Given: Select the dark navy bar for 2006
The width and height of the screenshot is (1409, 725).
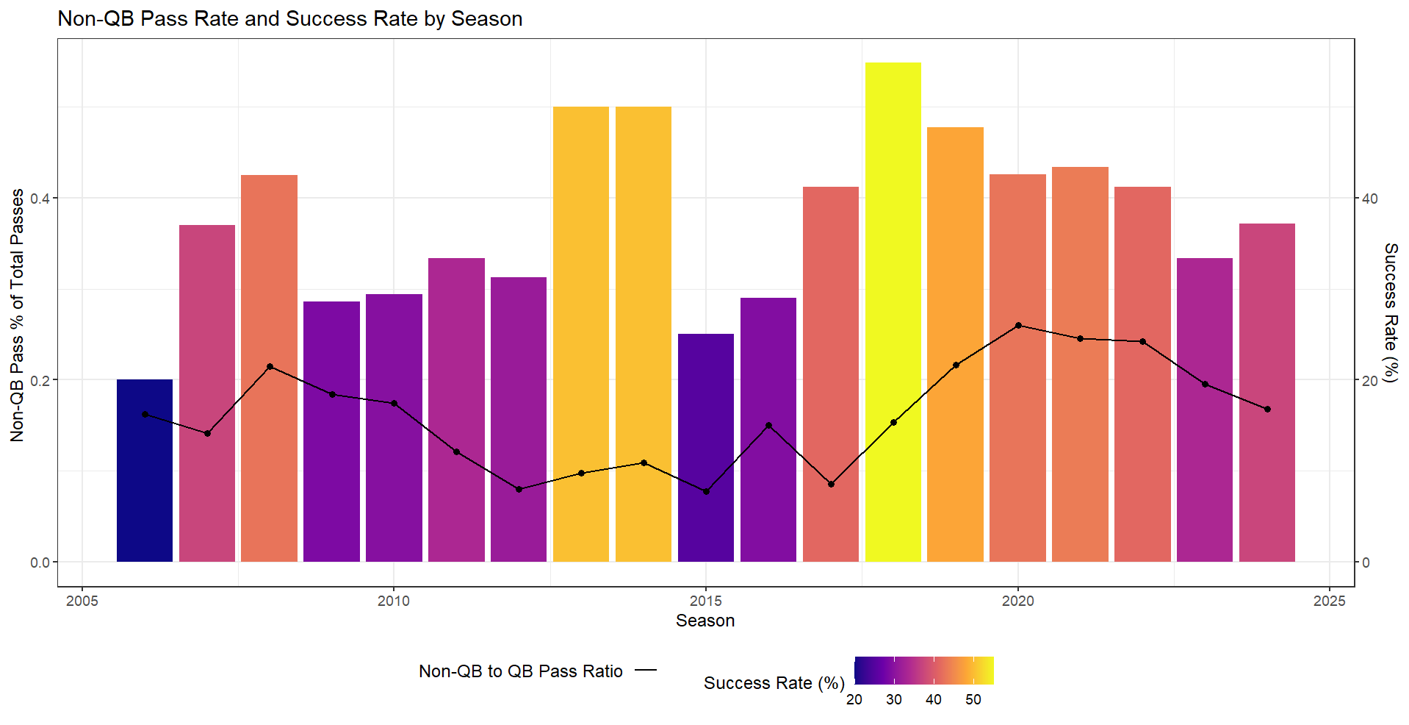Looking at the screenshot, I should tap(145, 471).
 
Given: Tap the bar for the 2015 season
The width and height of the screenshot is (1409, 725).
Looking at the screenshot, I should tap(706, 448).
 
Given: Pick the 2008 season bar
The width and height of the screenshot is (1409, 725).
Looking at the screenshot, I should tap(270, 368).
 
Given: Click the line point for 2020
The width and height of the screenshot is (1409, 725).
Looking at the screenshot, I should tap(1018, 325).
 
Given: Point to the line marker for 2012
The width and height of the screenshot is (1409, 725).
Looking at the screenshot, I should tap(519, 489).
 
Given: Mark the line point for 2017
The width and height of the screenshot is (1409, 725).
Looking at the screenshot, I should tap(831, 484).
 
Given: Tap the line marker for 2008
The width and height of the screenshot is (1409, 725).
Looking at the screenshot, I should tap(270, 366).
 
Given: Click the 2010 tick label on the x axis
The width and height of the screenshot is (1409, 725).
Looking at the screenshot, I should tap(394, 601).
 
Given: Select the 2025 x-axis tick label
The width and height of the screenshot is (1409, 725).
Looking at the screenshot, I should tap(1329, 601).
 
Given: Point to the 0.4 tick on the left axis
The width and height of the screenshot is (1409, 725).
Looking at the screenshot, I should tap(40, 199).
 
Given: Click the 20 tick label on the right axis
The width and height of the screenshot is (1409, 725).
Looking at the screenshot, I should tap(1370, 381).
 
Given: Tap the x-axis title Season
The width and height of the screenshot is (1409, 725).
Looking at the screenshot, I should tap(705, 621).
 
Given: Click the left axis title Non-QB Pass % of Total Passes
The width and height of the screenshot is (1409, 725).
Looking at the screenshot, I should tap(18, 315).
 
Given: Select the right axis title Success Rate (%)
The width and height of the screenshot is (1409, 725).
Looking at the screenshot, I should tap(1391, 312).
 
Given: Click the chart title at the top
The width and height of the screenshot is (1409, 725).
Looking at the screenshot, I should tap(290, 19).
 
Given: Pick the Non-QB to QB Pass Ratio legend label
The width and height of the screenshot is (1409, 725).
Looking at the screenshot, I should tap(520, 671).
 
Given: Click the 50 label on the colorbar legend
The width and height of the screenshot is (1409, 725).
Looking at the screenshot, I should tap(973, 700).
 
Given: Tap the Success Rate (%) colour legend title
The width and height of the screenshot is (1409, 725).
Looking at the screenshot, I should tap(774, 683).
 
